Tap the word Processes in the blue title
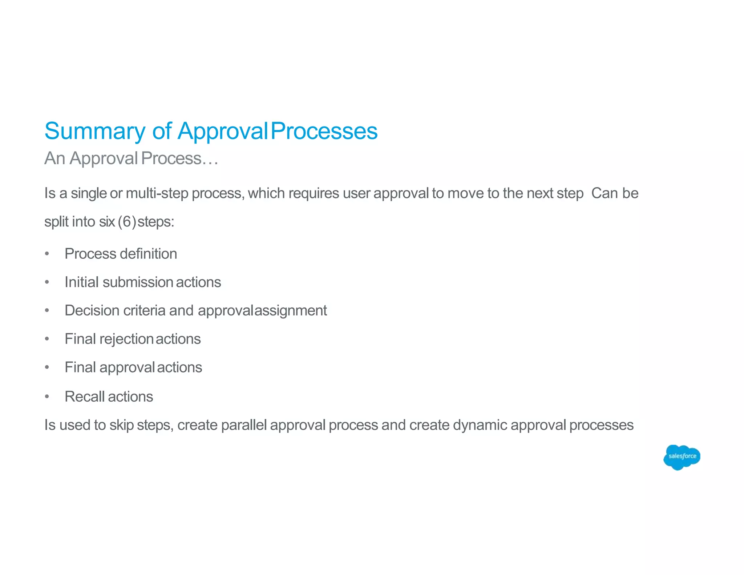pyautogui.click(x=324, y=131)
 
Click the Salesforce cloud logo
pyautogui.click(x=682, y=457)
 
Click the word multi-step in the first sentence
pyautogui.click(x=157, y=193)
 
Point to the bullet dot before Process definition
pyautogui.click(x=47, y=254)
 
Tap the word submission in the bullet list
pyautogui.click(x=138, y=282)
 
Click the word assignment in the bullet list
pyautogui.click(x=291, y=311)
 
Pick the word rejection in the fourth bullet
pyautogui.click(x=126, y=339)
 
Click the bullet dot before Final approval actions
pyautogui.click(x=47, y=367)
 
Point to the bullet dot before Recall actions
pyautogui.click(x=47, y=397)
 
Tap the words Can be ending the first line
pyautogui.click(x=614, y=193)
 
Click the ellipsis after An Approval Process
pyautogui.click(x=210, y=159)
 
